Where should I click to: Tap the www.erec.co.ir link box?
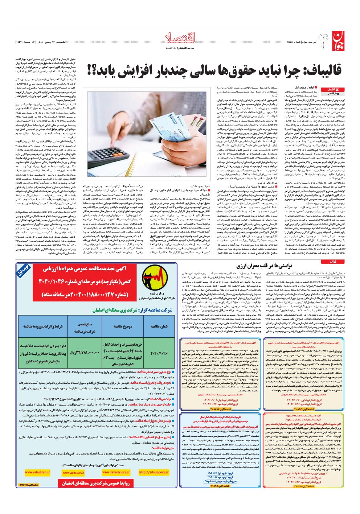click(x=73, y=472)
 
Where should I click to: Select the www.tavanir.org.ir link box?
click(x=116, y=472)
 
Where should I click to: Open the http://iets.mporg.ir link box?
click(x=154, y=472)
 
